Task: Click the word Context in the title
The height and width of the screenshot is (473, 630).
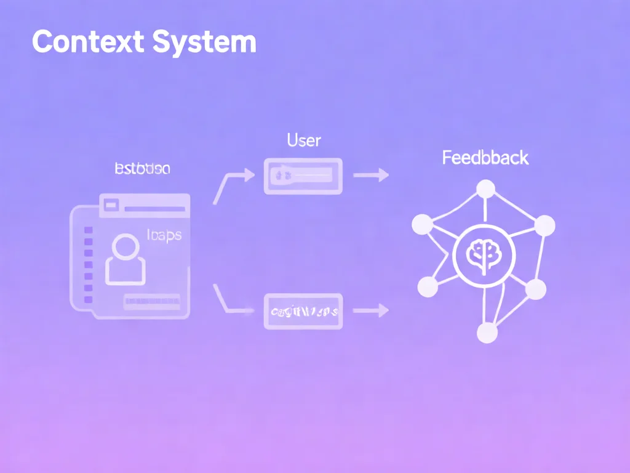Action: (x=88, y=42)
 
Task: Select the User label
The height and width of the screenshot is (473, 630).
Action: (x=304, y=140)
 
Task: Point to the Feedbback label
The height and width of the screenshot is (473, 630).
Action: (x=485, y=158)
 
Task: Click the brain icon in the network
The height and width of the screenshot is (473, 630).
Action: (x=483, y=255)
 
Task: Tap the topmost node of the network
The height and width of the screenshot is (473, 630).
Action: (x=486, y=188)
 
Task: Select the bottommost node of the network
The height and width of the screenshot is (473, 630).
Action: (x=487, y=333)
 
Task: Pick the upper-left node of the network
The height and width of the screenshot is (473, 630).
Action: (x=421, y=224)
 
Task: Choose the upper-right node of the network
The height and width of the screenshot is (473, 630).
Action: (x=544, y=225)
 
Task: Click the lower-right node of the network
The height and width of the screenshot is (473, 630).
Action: (x=535, y=288)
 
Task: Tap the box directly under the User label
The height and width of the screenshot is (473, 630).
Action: (x=303, y=176)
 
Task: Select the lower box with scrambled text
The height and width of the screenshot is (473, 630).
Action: (x=303, y=311)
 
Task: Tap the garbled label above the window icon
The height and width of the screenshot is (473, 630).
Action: (x=143, y=169)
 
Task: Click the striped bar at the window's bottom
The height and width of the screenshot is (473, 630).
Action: (x=152, y=301)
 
